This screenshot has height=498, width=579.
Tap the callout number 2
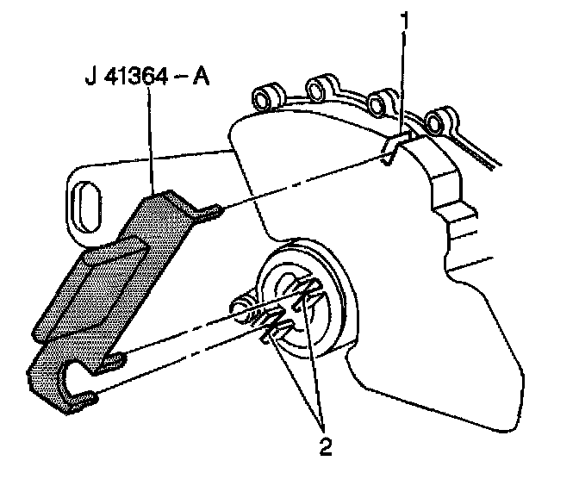pos(325,446)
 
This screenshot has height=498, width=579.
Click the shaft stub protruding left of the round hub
pos(241,306)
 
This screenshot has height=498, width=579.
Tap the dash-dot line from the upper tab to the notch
pos(302,180)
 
